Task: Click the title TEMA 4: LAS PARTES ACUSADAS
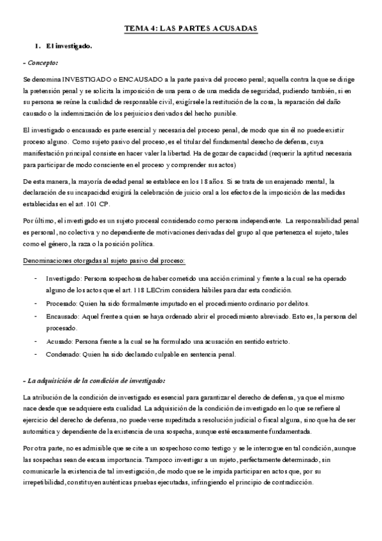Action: point(190,29)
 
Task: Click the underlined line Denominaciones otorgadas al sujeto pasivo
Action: point(104,262)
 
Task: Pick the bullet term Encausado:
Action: point(62,316)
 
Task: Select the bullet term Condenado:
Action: point(63,353)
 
